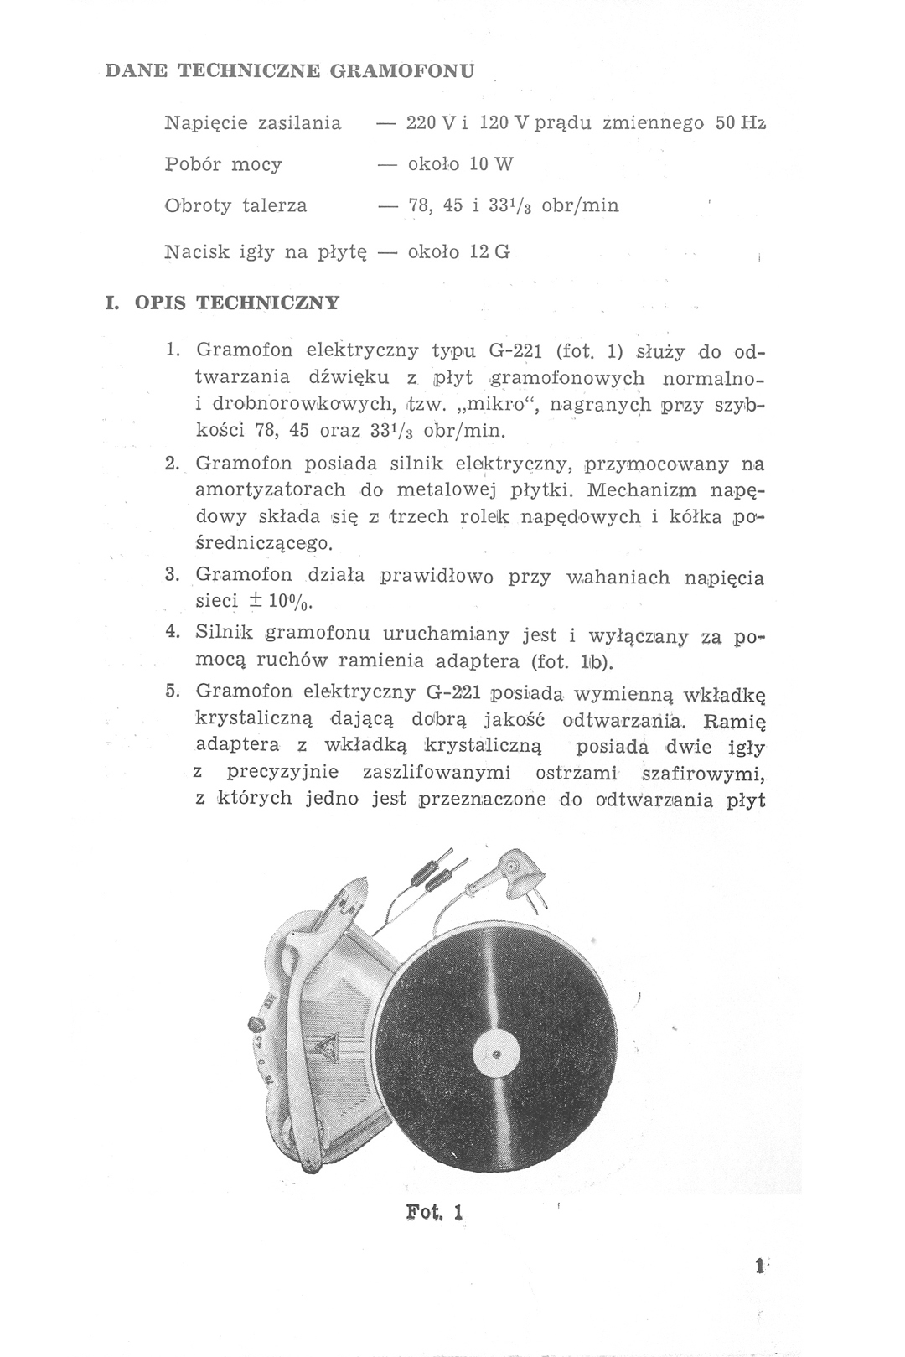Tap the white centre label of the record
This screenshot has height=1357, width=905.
pos(497,1053)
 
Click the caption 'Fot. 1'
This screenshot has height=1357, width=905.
pos(435,1212)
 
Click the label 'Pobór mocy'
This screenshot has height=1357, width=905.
pos(224,163)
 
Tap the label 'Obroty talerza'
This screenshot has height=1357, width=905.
pos(235,205)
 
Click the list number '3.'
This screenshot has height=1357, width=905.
pos(174,575)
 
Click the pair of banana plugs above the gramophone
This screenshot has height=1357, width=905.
pos(432,871)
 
